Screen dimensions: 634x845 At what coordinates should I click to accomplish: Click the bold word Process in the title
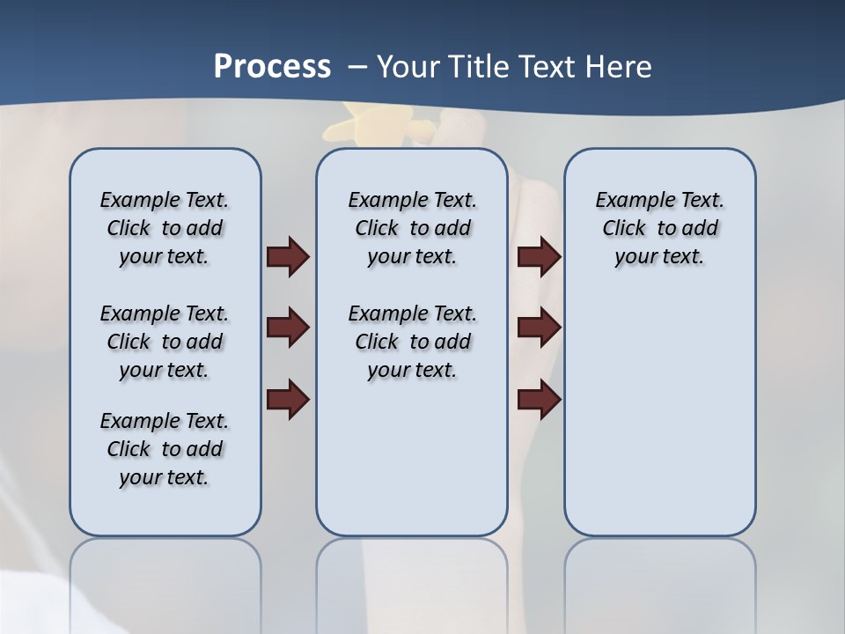pyautogui.click(x=272, y=67)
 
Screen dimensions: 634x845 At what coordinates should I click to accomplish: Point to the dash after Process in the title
pyautogui.click(x=357, y=67)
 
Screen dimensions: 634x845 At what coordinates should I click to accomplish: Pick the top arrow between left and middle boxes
pyautogui.click(x=288, y=257)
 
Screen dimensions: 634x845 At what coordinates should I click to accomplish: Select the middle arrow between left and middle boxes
pyautogui.click(x=288, y=328)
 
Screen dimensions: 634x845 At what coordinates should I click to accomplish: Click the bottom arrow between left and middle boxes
pyautogui.click(x=288, y=399)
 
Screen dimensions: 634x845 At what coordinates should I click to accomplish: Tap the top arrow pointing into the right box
pyautogui.click(x=540, y=257)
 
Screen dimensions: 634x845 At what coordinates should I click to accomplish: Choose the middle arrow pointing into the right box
pyautogui.click(x=540, y=328)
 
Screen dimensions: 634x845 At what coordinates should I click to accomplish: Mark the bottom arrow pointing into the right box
pyautogui.click(x=540, y=399)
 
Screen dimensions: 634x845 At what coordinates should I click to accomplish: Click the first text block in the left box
pyautogui.click(x=165, y=228)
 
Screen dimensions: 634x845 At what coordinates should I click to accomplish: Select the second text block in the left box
pyautogui.click(x=165, y=342)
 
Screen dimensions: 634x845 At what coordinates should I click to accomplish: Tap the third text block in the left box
pyautogui.click(x=165, y=449)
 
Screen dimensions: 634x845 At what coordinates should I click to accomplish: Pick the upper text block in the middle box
pyautogui.click(x=412, y=228)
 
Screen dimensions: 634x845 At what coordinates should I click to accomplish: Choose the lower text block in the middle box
pyautogui.click(x=412, y=342)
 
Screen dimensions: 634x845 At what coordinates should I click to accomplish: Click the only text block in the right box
pyautogui.click(x=659, y=228)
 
